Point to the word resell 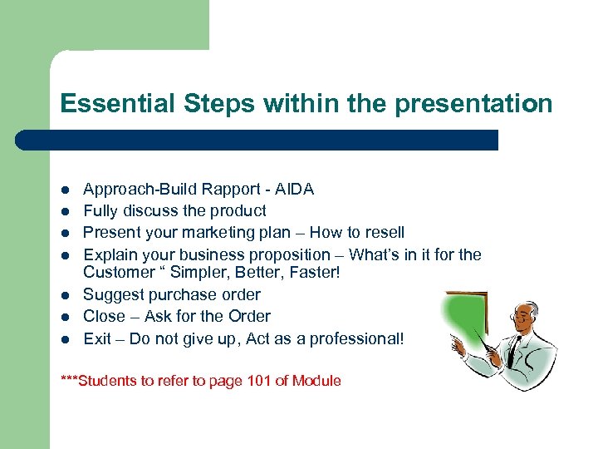click(x=381, y=233)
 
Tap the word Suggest click(x=111, y=294)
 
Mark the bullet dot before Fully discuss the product click(x=66, y=211)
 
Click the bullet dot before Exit click(x=66, y=338)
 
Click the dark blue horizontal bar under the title click(x=257, y=140)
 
